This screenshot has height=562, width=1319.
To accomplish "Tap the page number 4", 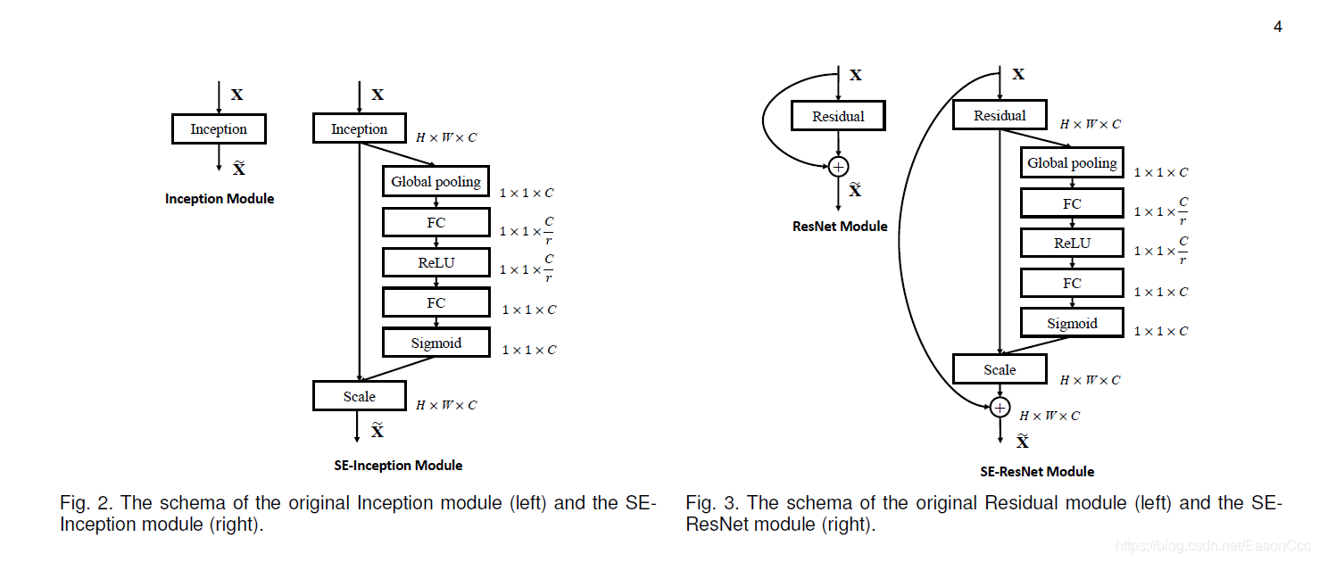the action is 1278,27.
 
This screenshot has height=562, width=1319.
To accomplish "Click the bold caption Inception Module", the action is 220,199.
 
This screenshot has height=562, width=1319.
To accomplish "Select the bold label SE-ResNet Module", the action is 1037,471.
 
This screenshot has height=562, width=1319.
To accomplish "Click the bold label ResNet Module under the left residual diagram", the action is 840,226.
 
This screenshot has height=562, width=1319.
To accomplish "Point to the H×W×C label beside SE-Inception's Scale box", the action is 446,406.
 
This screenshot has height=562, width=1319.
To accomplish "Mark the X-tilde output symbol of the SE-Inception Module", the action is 377,430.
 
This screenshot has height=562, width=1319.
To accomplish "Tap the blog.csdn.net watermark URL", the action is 1213,546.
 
